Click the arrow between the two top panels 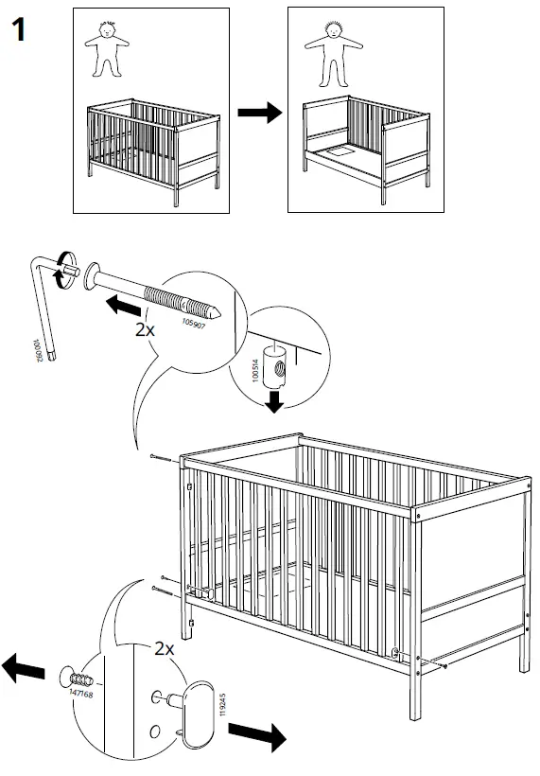point(259,114)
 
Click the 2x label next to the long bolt point(144,330)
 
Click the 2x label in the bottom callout point(165,649)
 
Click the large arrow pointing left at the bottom point(24,669)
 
